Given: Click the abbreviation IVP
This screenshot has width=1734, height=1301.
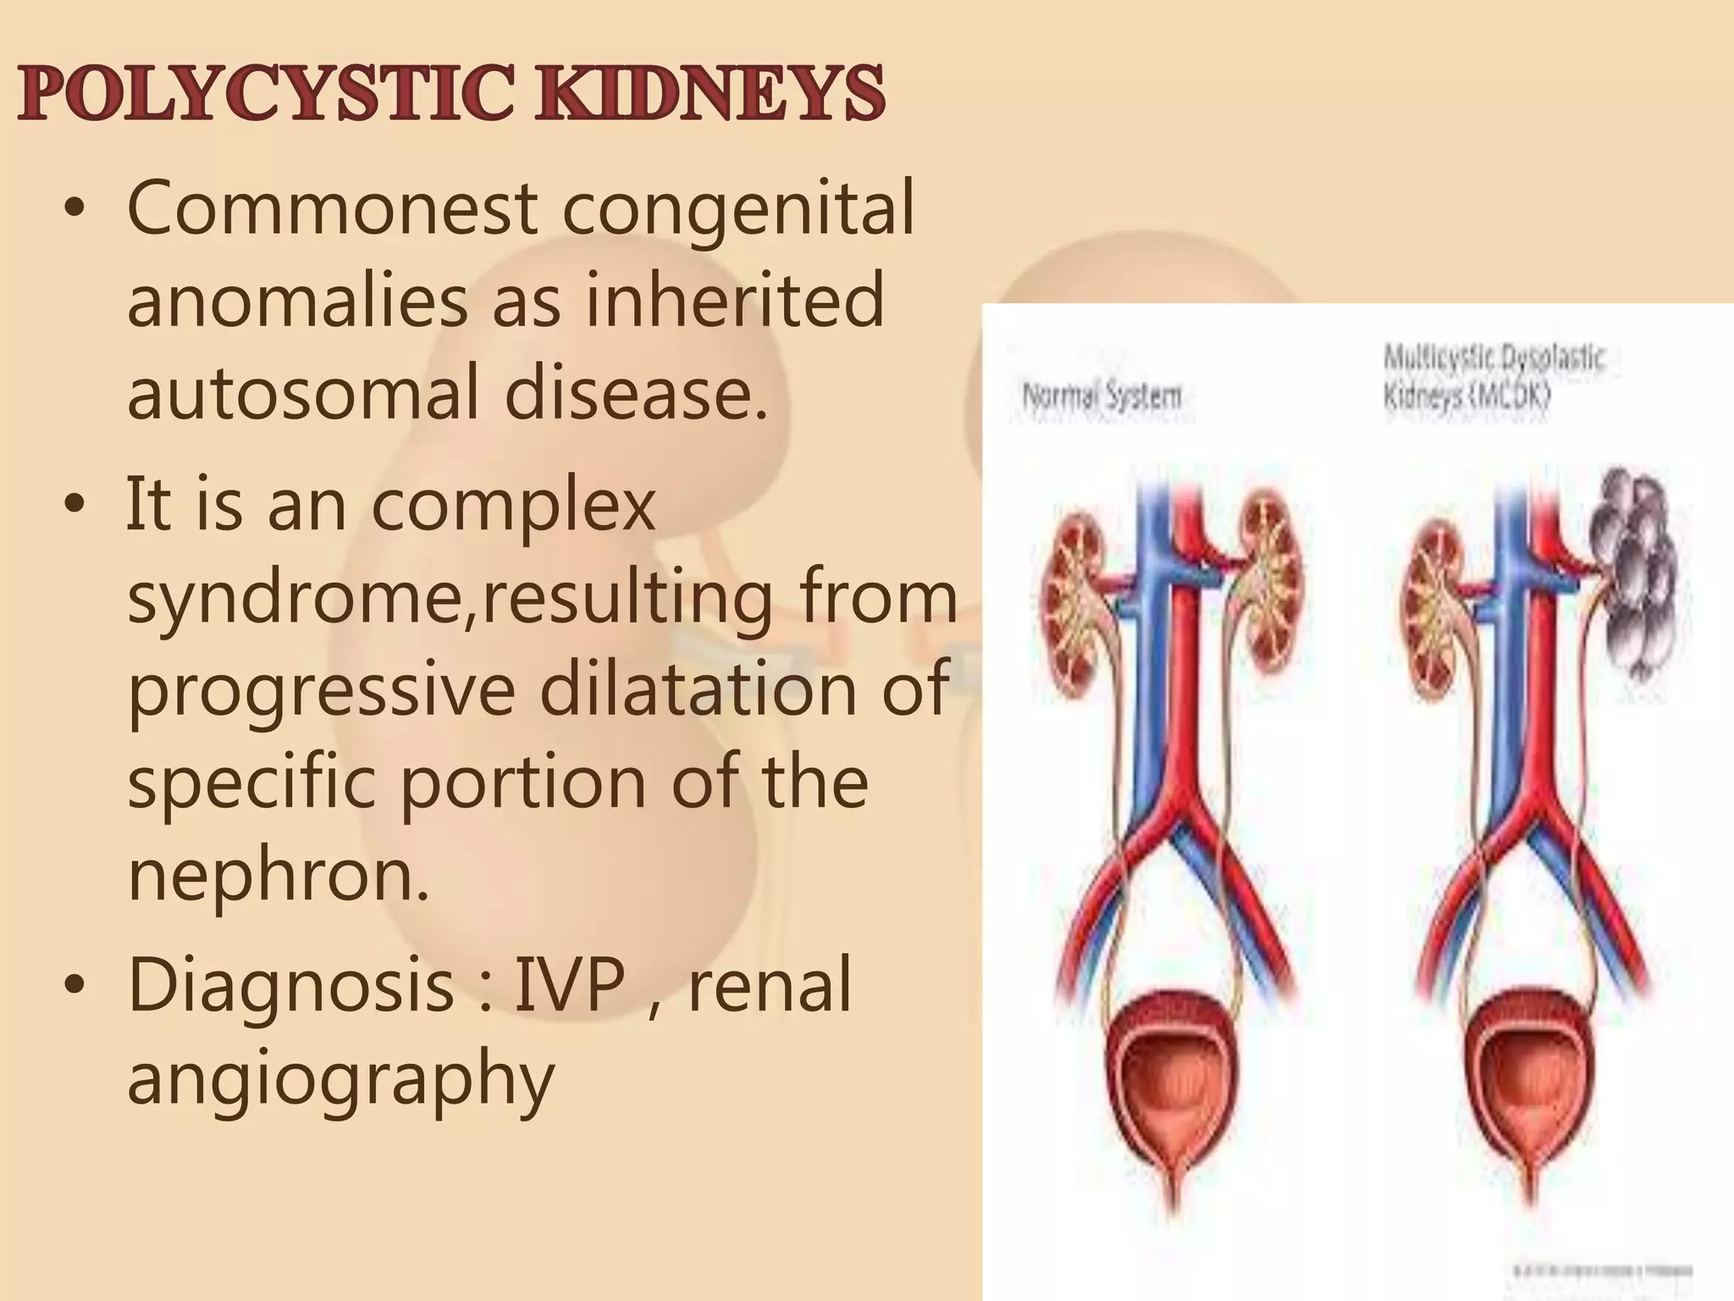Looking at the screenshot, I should click(x=570, y=984).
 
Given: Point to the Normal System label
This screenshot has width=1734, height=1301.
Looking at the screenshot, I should click(x=1102, y=396).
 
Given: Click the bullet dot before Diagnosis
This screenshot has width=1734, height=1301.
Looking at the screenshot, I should click(x=75, y=985).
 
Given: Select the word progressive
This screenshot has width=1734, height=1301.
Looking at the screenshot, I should click(x=322, y=691).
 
